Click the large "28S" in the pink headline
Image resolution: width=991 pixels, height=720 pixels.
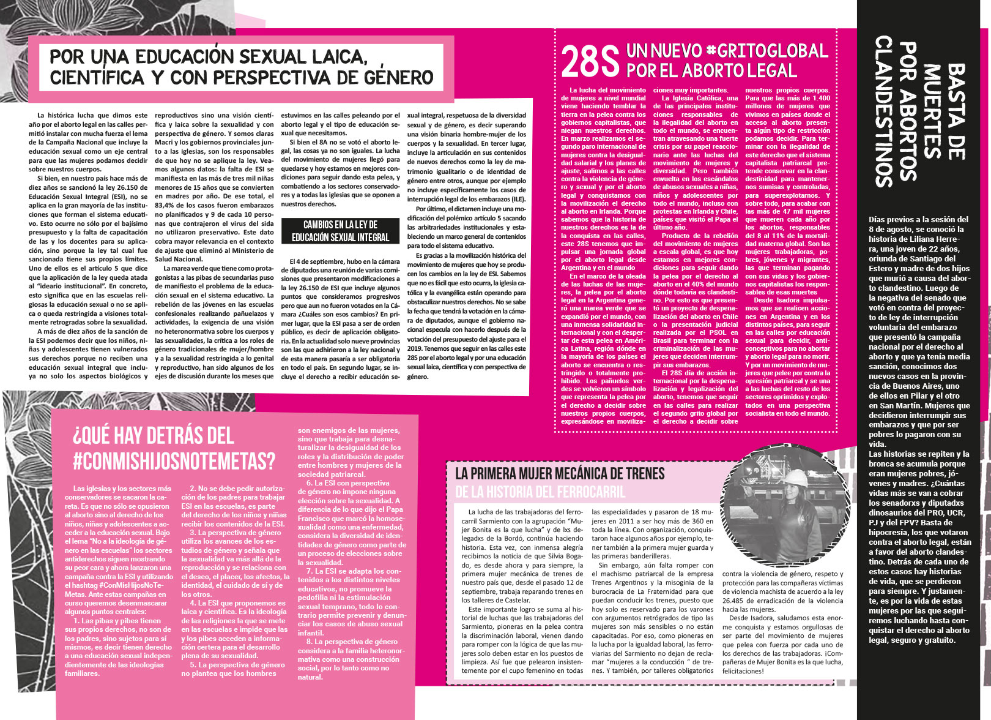tap(590, 61)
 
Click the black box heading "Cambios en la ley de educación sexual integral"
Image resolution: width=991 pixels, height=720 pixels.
tap(340, 231)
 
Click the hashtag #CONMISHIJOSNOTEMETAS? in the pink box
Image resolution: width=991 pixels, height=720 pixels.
tap(174, 461)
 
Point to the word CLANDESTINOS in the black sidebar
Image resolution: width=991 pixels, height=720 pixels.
tap(884, 111)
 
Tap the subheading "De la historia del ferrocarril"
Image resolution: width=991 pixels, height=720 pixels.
tap(540, 492)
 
